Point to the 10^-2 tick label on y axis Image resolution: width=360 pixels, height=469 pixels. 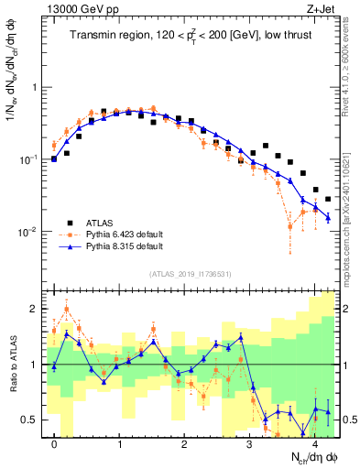pyautogui.click(x=32, y=232)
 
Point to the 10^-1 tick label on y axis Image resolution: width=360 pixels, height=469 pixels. pyautogui.click(x=32, y=159)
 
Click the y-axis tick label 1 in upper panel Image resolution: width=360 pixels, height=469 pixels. pyautogui.click(x=37, y=88)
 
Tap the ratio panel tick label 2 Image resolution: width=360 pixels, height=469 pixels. pyautogui.click(x=37, y=309)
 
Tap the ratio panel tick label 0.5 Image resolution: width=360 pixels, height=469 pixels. pyautogui.click(x=32, y=420)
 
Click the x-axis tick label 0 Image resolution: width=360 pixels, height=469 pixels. pyautogui.click(x=55, y=444)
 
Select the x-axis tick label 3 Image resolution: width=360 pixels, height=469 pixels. pyautogui.click(x=249, y=444)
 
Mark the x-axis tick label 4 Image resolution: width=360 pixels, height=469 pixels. pyautogui.click(x=314, y=444)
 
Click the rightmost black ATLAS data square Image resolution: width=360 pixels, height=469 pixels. pyautogui.click(x=328, y=198)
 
